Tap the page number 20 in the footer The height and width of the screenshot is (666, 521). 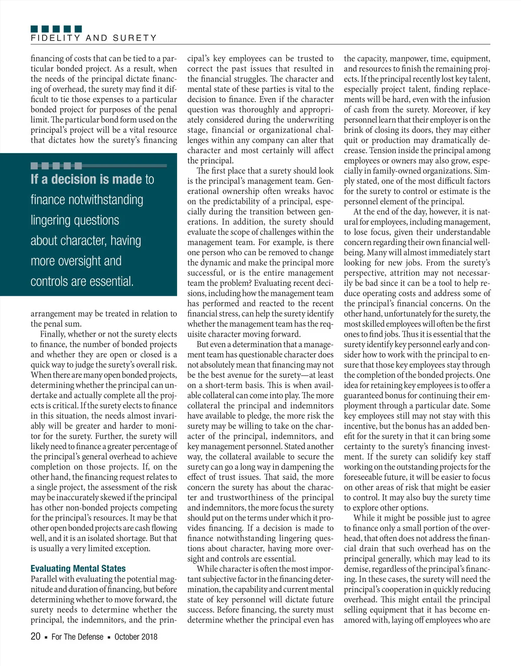(35, 636)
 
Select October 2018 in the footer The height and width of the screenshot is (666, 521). (136, 637)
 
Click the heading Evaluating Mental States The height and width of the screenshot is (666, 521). (78, 568)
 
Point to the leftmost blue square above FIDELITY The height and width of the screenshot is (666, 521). (34, 29)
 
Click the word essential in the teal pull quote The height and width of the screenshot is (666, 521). (109, 282)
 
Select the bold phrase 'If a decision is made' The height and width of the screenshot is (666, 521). (86, 179)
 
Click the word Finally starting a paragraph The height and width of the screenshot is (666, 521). (54, 334)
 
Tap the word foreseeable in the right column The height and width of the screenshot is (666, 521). (366, 477)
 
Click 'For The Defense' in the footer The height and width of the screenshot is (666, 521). (77, 637)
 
